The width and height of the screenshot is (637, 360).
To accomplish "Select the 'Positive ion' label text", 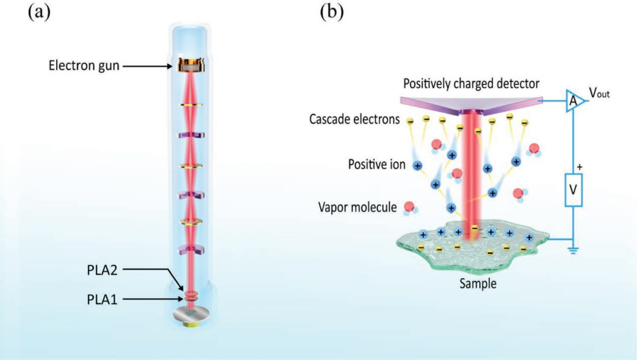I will click(375, 165).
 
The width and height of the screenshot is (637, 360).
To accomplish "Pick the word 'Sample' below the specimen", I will click(478, 284).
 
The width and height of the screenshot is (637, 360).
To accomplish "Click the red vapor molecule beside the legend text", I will click(407, 207).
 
